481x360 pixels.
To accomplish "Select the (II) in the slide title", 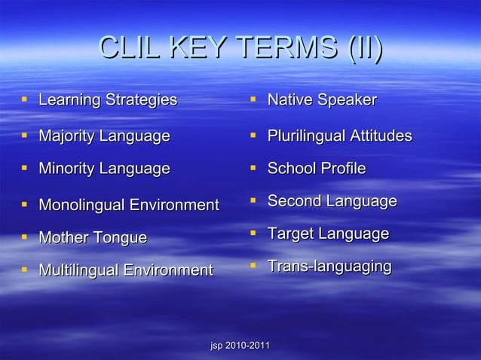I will click(x=363, y=50).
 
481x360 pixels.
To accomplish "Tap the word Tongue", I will click(x=121, y=239).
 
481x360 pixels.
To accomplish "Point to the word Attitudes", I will click(x=383, y=136).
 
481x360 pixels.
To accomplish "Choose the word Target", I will click(x=292, y=234).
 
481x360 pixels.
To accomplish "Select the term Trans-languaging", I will click(x=329, y=267).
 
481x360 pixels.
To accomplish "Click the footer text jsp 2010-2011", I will click(x=240, y=345).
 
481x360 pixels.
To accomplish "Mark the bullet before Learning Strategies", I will click(x=26, y=99).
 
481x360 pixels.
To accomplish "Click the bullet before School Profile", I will click(x=255, y=168).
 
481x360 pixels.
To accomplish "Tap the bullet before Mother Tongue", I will click(x=26, y=238).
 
